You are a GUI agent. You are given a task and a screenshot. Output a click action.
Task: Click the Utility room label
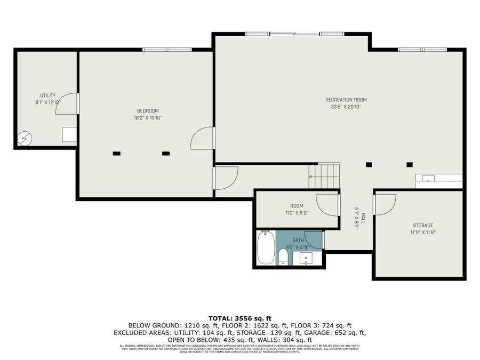click(48, 95)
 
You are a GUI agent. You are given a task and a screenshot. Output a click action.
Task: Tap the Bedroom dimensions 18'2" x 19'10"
click(148, 117)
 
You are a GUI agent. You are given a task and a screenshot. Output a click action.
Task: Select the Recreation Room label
click(346, 100)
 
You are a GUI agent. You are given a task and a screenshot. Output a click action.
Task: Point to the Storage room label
click(422, 225)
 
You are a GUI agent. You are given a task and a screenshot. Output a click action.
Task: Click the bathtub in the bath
click(266, 247)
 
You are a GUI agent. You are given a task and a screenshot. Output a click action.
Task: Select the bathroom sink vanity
click(307, 258)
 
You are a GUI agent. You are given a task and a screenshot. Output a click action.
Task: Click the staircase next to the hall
click(324, 177)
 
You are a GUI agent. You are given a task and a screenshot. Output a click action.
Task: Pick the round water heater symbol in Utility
click(25, 139)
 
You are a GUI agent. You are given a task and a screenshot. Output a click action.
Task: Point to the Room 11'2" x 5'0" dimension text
click(297, 213)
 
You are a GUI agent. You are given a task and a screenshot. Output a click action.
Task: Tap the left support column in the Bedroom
click(116, 154)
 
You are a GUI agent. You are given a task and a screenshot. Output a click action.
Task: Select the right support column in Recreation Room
click(410, 164)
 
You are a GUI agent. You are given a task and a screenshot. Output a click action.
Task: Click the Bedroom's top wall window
click(167, 50)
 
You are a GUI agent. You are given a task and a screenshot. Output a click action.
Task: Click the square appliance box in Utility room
click(69, 134)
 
